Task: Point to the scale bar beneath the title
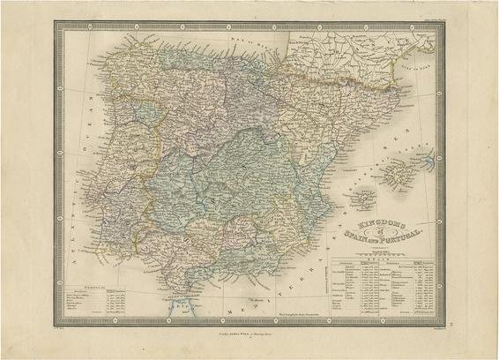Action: click(369, 249)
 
